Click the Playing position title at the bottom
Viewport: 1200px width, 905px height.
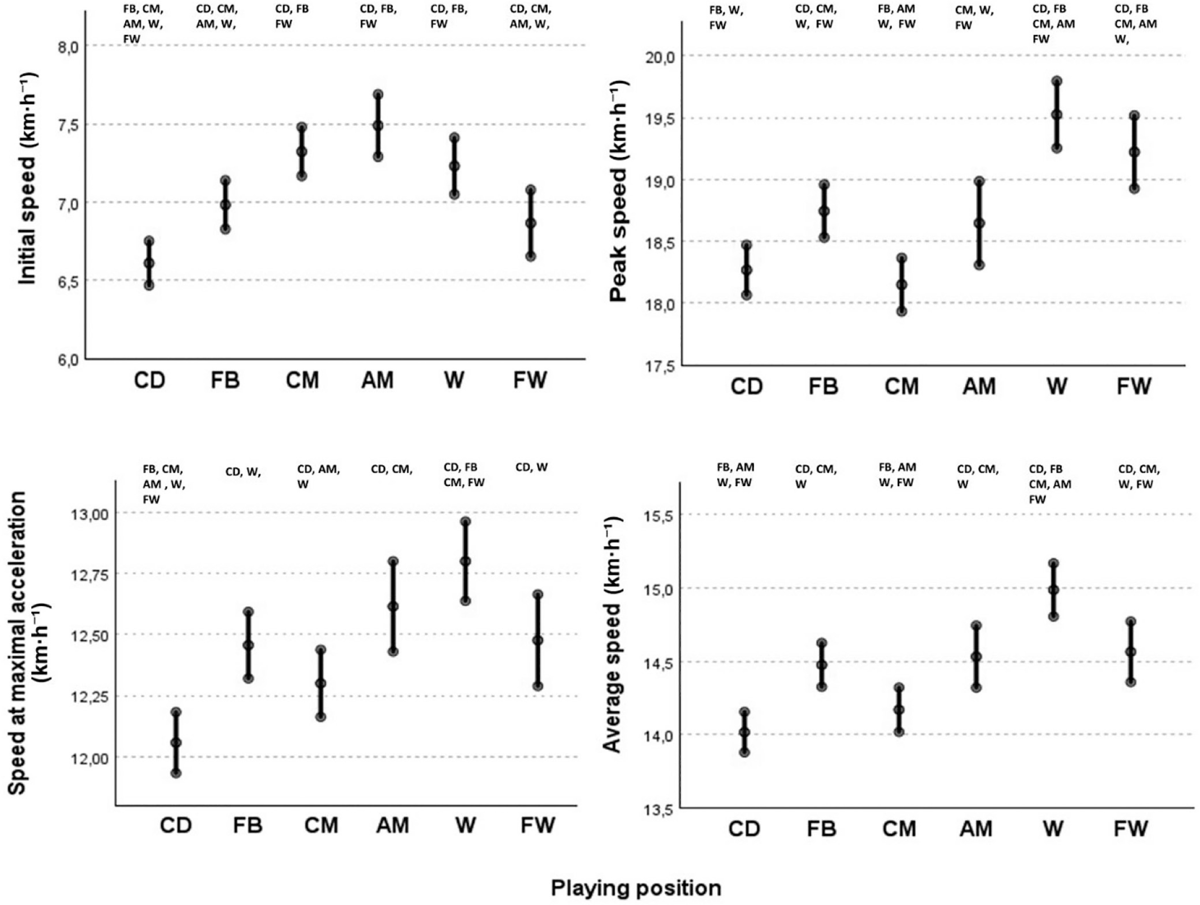[x=636, y=888]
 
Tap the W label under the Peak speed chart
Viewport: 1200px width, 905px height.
[x=1056, y=387]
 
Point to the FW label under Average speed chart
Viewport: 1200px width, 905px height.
[x=1131, y=828]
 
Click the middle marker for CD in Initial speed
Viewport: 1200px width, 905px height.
[x=149, y=263]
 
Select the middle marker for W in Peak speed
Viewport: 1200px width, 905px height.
[x=1056, y=115]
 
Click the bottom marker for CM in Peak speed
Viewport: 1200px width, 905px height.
[x=902, y=312]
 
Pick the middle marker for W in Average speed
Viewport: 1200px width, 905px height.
[x=1054, y=590]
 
